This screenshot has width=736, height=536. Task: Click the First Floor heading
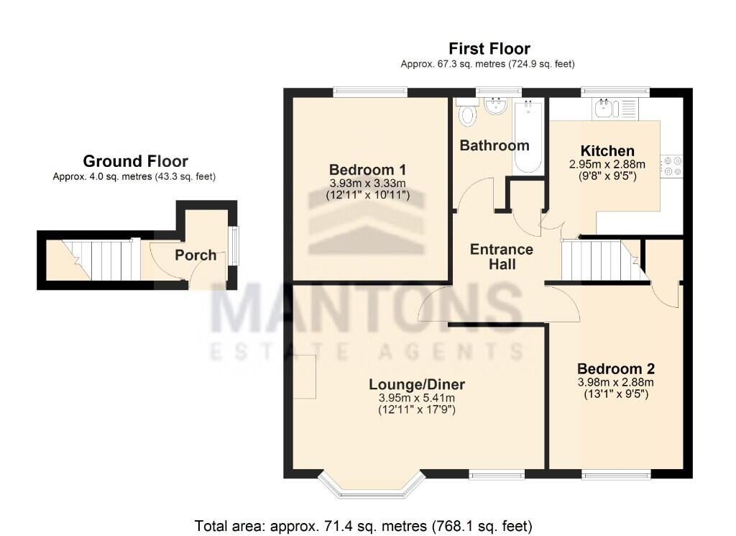click(489, 49)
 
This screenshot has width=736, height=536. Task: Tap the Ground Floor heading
click(135, 161)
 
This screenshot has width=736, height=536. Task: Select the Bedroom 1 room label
click(369, 170)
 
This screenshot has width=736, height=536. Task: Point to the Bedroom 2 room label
click(616, 366)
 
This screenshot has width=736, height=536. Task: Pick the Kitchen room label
click(607, 151)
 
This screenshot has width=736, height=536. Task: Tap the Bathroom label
click(494, 145)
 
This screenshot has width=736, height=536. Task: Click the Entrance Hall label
click(501, 257)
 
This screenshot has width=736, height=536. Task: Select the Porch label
click(195, 255)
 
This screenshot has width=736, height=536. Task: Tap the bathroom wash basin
click(494, 107)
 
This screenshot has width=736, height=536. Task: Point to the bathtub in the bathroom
click(528, 137)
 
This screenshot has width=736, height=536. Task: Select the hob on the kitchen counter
click(673, 166)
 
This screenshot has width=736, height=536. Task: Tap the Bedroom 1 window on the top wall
click(371, 91)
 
